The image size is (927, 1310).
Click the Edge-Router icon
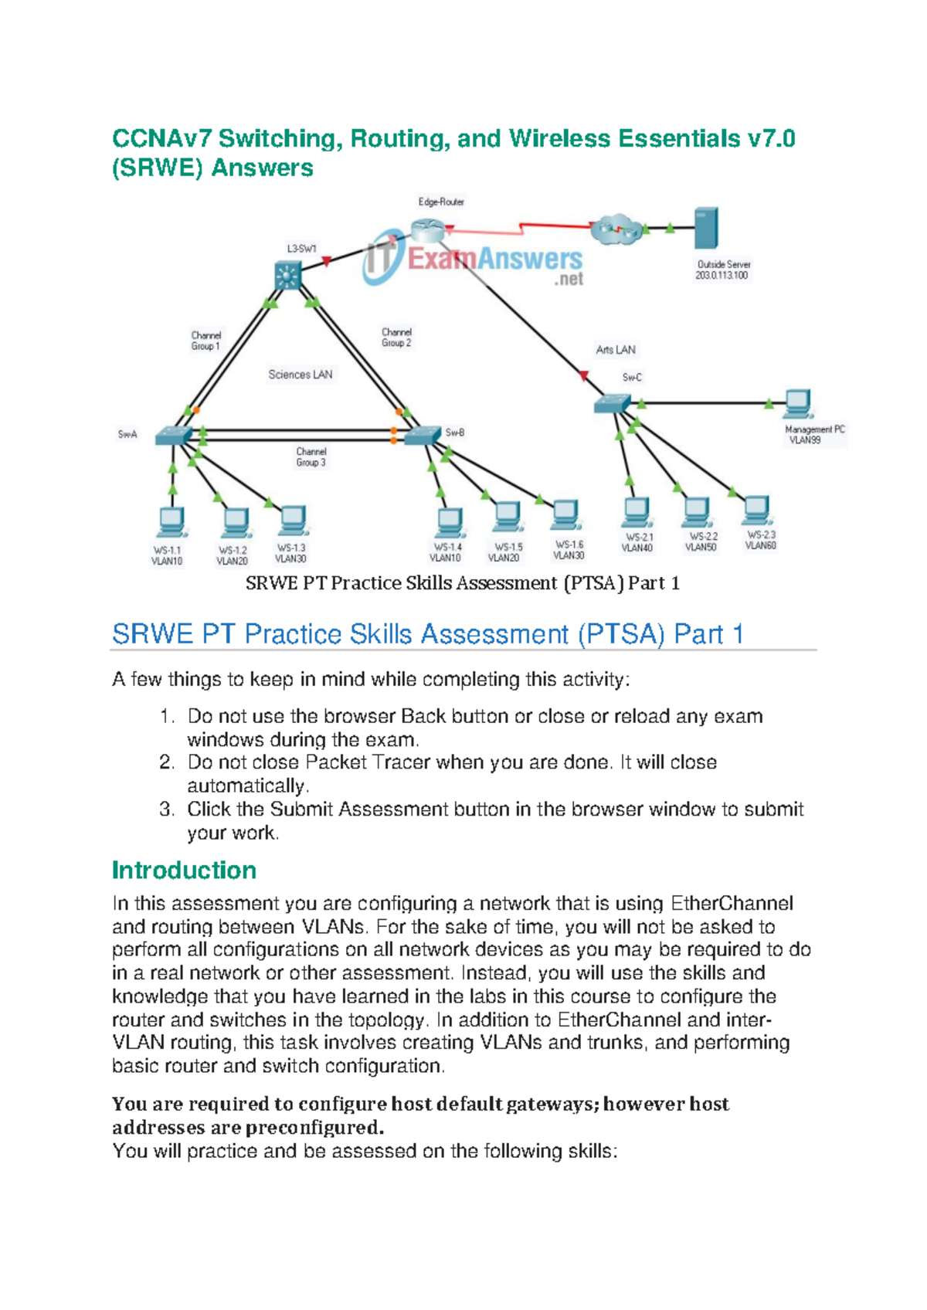(427, 229)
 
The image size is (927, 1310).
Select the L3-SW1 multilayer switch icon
(288, 275)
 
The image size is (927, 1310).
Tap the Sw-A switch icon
(174, 435)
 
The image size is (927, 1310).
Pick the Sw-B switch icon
(423, 435)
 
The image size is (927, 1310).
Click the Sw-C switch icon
(613, 403)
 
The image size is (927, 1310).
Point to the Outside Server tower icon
(706, 228)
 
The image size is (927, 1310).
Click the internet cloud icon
(616, 229)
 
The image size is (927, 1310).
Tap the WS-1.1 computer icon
(170, 522)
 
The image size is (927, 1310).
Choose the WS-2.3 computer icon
(756, 510)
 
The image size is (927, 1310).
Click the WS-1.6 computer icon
(566, 514)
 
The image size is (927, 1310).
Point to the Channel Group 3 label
(311, 457)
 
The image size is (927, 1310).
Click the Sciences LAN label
(301, 375)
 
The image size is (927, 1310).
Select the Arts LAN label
(616, 350)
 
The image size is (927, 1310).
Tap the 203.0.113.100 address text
(722, 276)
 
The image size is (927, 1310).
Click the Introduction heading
(184, 871)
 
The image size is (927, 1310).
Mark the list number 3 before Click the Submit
(167, 809)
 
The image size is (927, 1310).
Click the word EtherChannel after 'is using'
(732, 904)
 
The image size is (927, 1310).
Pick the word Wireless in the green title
(555, 139)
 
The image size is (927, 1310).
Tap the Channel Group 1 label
(206, 341)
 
